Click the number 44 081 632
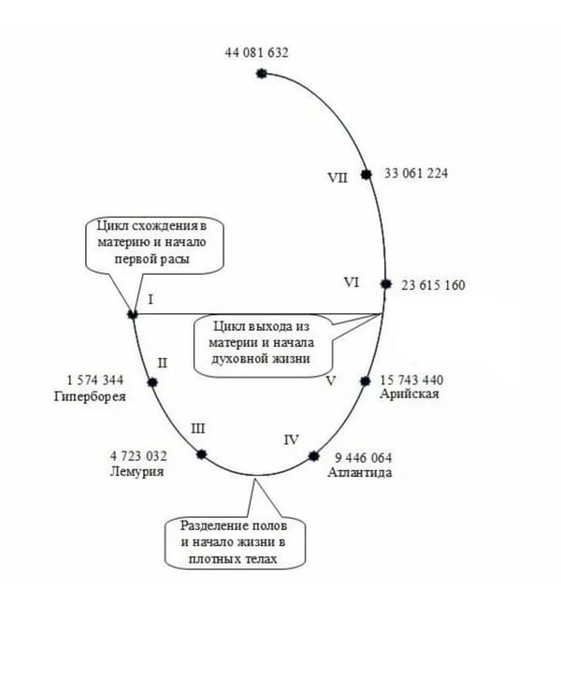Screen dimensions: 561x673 point(257,52)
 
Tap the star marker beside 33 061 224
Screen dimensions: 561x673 point(367,174)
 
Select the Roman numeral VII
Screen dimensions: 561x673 point(338,178)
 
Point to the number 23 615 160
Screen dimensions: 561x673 point(433,285)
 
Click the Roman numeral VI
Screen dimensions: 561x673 point(352,282)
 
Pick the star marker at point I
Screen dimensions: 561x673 point(133,314)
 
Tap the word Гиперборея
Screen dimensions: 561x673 point(90,396)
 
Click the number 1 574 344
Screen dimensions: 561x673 point(95,380)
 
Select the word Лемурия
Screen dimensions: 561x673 point(137,471)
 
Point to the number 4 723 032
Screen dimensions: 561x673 point(138,456)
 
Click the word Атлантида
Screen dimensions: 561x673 point(360,473)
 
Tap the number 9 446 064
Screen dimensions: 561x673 point(363,458)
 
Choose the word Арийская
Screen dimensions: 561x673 point(409,394)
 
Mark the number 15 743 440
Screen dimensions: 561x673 point(412,379)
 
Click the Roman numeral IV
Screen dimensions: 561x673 point(291,440)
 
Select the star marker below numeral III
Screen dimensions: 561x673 point(201,454)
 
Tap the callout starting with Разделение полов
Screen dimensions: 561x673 point(236,542)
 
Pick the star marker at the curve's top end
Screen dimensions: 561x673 point(262,74)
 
